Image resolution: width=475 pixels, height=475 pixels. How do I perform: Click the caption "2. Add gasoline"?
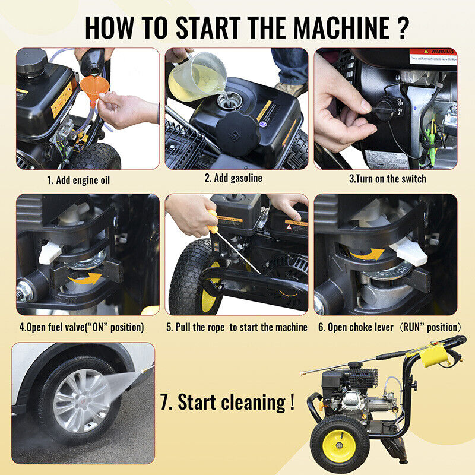[233, 178]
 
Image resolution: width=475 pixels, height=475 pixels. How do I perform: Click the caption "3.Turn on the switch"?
[387, 178]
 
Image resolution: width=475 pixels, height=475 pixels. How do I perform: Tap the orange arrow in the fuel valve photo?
[84, 277]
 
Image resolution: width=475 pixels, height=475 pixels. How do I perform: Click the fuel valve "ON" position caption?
[81, 327]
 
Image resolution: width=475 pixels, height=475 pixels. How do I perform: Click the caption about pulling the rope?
[237, 327]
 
